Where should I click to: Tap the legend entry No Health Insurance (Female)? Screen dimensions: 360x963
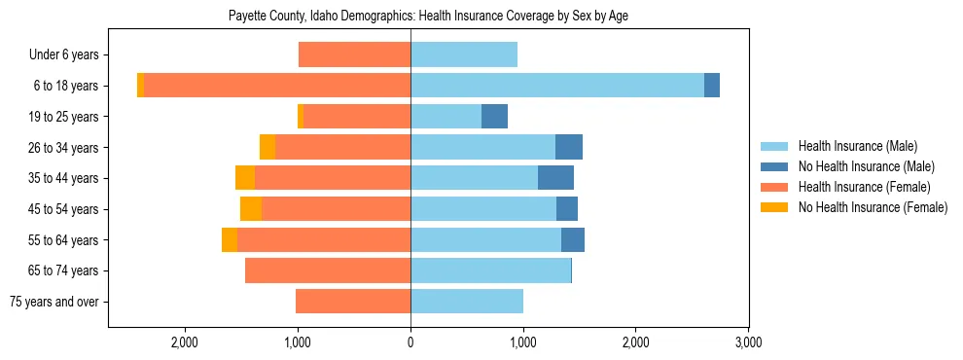coord(872,207)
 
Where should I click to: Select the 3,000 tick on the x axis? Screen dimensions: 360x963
coord(747,342)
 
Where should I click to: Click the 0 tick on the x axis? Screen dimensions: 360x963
coord(410,342)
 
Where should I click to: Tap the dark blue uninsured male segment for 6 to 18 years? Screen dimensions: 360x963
coord(712,86)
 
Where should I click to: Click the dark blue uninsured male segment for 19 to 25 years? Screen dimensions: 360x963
coord(494,117)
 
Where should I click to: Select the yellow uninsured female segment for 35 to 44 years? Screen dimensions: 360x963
coord(245,178)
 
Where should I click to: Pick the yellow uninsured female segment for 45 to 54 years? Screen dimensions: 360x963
coord(251,209)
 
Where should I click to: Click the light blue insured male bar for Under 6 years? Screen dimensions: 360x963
coord(464,55)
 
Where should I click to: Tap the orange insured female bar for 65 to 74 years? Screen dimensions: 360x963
coord(328,270)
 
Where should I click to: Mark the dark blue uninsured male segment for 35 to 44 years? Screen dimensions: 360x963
coord(555,178)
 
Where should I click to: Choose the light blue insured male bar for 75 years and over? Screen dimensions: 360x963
coord(467,302)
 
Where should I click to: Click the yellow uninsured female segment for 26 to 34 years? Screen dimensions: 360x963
coord(267,147)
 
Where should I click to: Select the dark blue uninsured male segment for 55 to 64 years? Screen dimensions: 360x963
coord(573,240)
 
